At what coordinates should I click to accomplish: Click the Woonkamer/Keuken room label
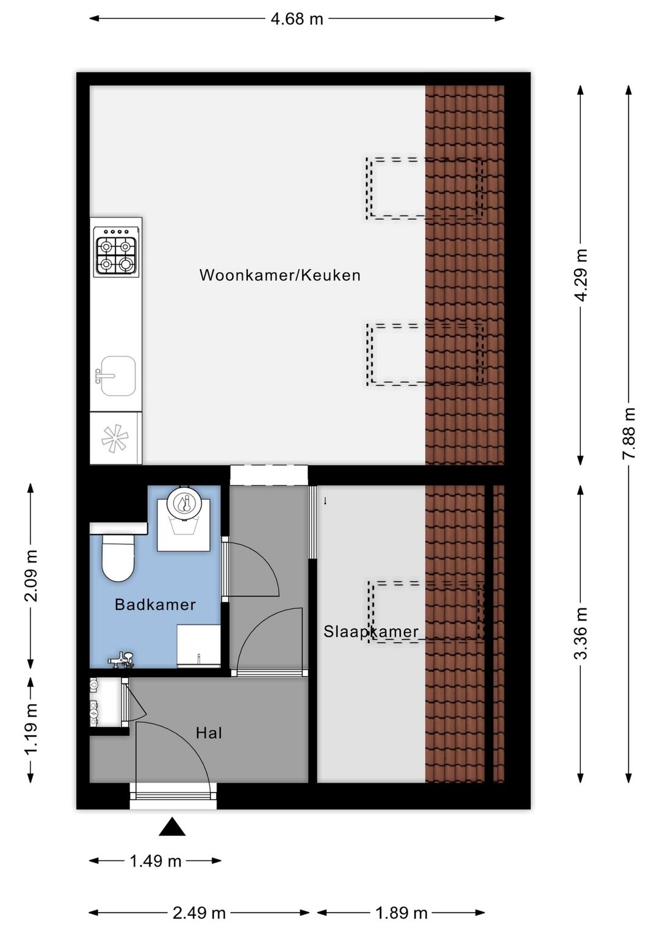click(280, 275)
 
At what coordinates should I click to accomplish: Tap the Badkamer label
click(155, 605)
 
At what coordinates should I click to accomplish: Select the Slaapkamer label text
click(371, 631)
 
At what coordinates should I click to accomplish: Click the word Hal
click(209, 733)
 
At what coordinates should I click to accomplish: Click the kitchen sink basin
click(117, 376)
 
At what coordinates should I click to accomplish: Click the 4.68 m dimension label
click(297, 19)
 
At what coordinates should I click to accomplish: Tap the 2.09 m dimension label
click(31, 576)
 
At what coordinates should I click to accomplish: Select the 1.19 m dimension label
click(31, 728)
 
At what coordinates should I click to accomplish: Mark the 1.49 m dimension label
click(156, 861)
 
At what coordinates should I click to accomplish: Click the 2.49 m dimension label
click(199, 913)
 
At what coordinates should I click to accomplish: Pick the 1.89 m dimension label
click(401, 913)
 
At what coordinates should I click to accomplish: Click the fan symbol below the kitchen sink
click(115, 438)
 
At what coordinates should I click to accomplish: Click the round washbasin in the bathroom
click(184, 503)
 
